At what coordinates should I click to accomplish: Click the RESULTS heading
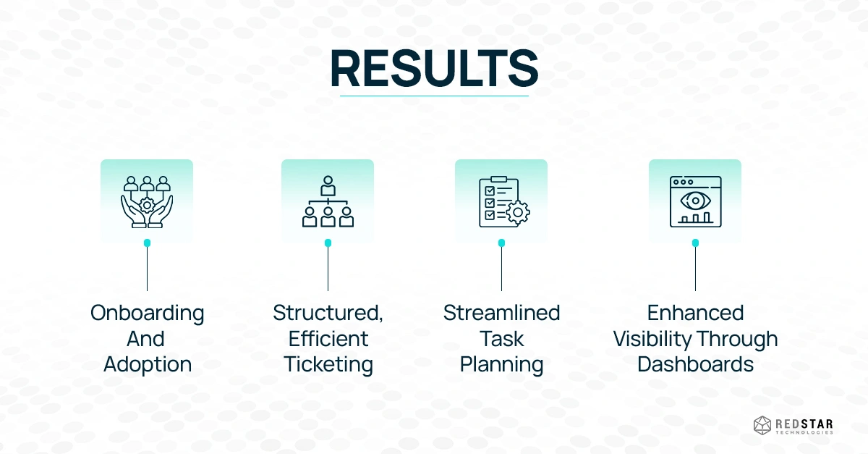pos(434,68)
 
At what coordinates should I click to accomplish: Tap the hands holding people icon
pos(147,202)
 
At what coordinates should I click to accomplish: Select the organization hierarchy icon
pos(328,201)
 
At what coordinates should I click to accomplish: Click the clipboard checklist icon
pos(504,202)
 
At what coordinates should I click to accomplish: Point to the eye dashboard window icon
pos(696,202)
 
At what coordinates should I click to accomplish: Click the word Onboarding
pos(148,314)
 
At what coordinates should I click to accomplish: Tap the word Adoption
pos(148,365)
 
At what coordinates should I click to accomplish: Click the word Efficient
pos(328,339)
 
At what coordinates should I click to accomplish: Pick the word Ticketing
pos(328,365)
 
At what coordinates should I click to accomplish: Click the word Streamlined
pos(502,313)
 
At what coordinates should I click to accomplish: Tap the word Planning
pos(502,365)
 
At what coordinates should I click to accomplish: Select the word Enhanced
pos(696,313)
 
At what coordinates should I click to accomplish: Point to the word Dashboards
pos(696,364)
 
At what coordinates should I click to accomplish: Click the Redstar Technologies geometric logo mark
pos(762,426)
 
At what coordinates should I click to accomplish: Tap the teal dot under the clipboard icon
pos(501,243)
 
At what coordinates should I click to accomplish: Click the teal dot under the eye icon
pos(696,243)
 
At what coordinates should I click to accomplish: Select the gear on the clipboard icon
pos(518,212)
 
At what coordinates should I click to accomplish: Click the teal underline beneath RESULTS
pos(435,96)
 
